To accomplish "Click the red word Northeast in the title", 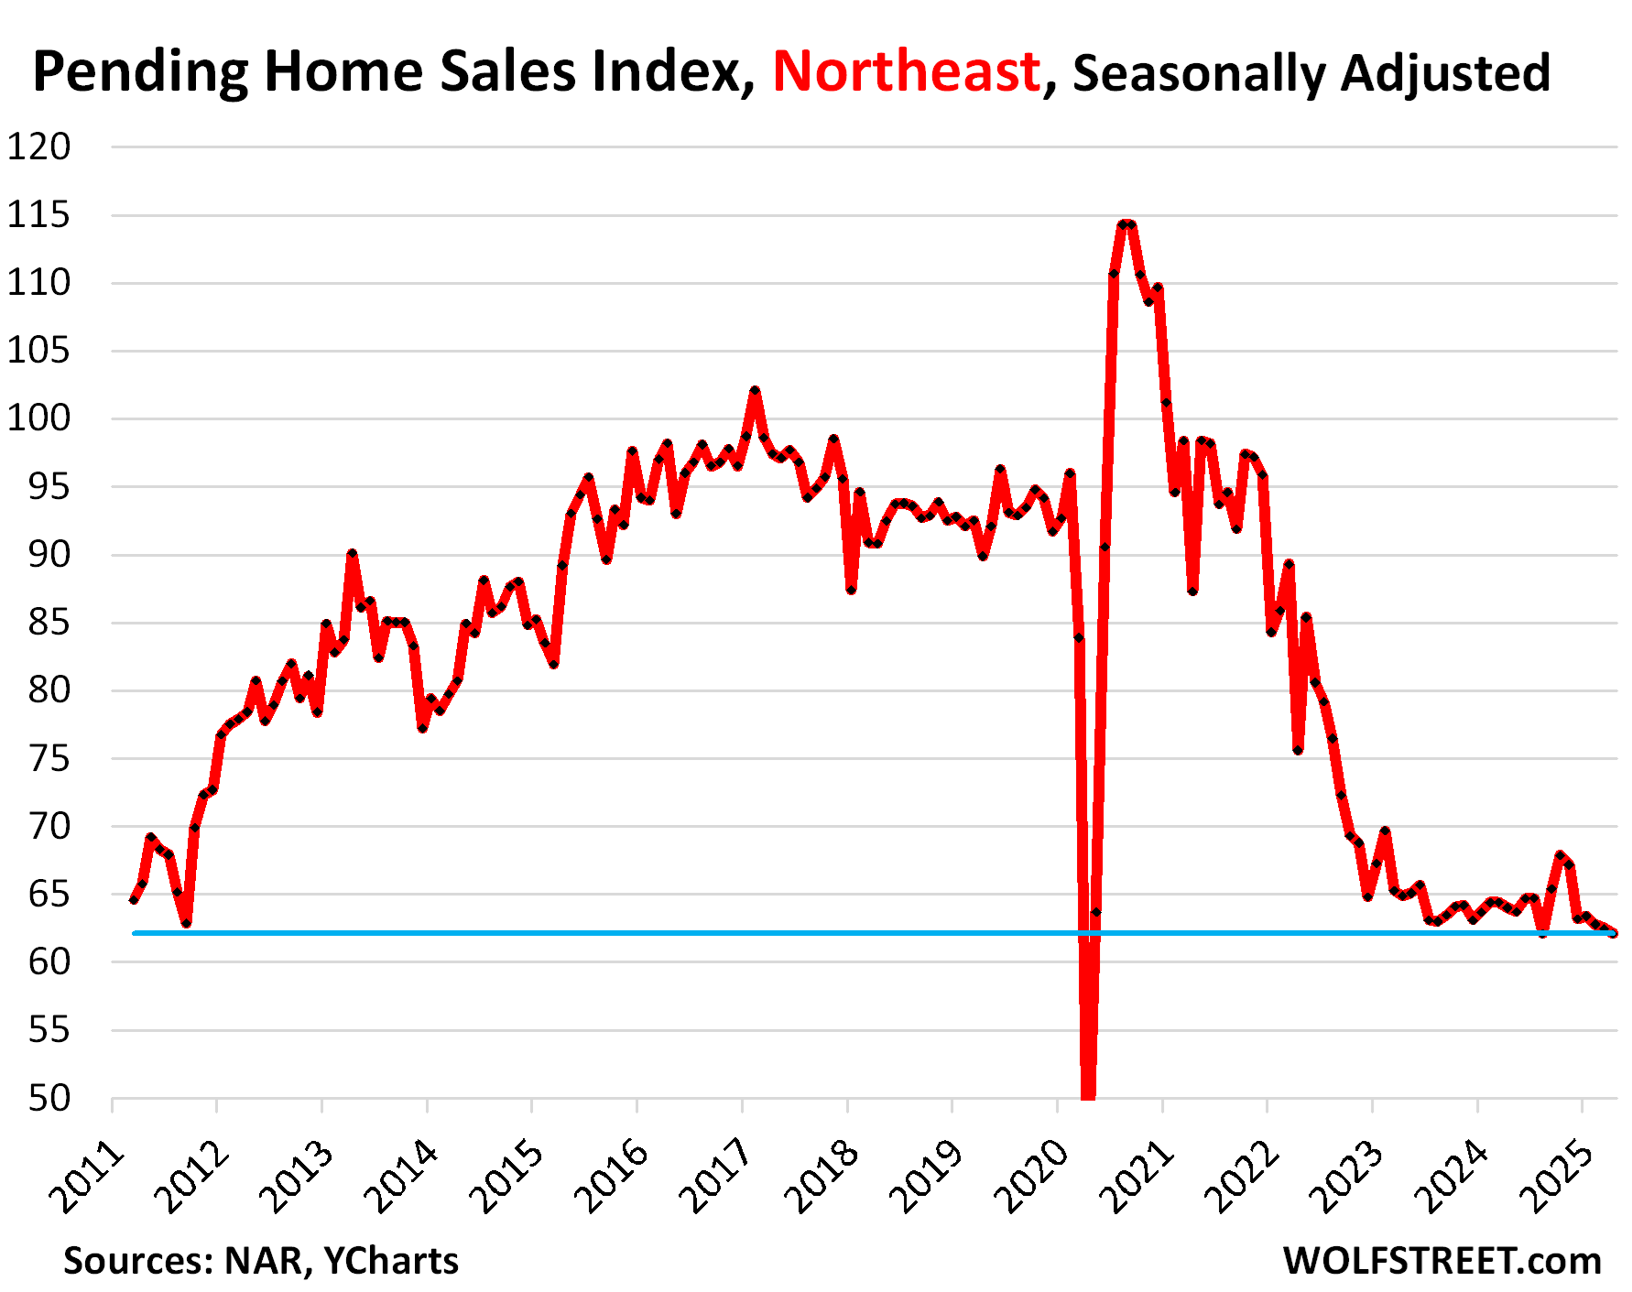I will tap(906, 71).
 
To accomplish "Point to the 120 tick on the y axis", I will tap(38, 147).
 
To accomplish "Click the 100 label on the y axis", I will tap(38, 418).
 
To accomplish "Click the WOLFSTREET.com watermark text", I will tap(1442, 1261).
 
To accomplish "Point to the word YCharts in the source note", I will tap(391, 1261).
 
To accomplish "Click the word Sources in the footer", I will tap(136, 1261).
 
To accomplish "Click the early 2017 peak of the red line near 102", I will tap(755, 391).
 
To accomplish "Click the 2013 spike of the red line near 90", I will tap(352, 554).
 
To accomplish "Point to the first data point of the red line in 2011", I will tap(135, 900).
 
